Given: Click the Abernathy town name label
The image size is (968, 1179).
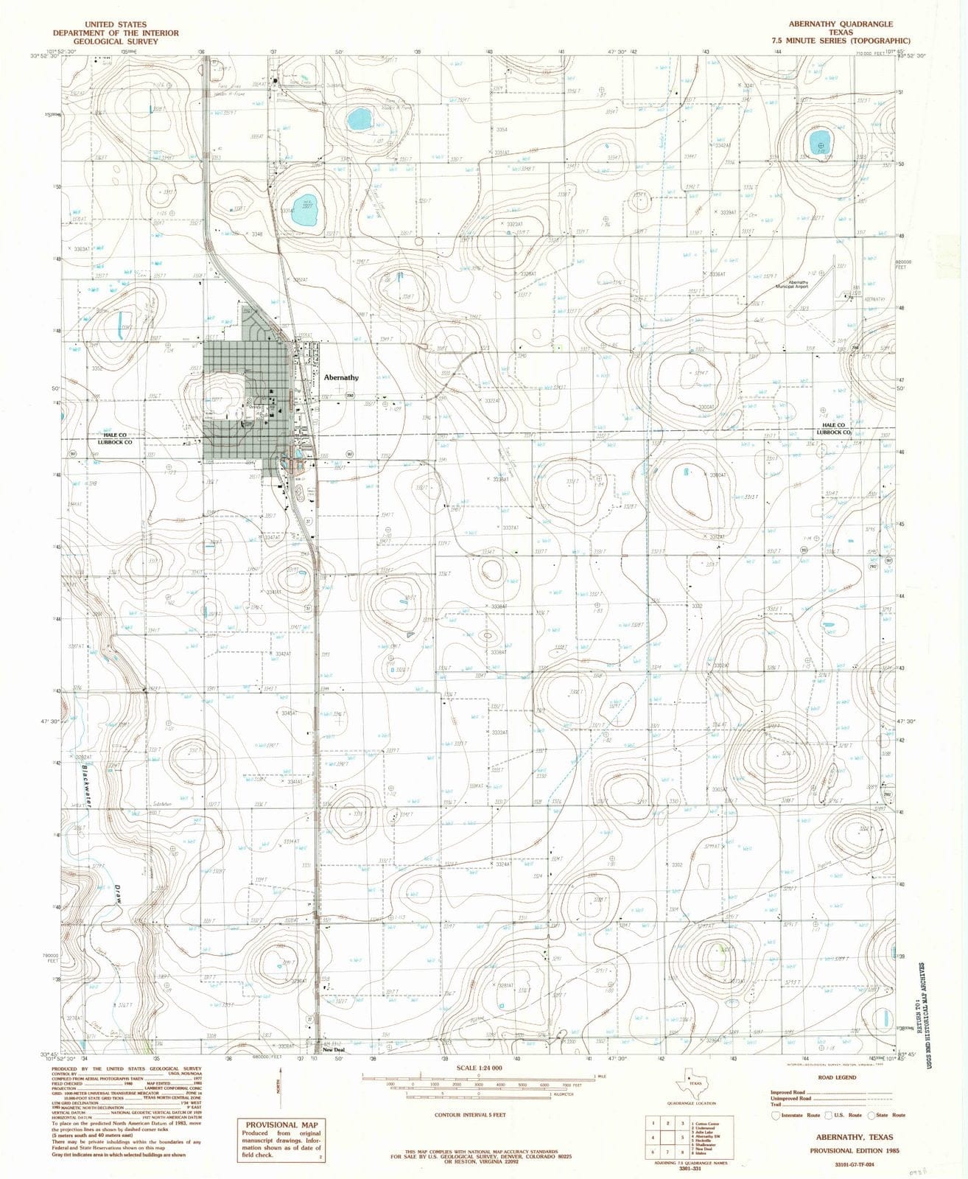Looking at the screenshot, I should (341, 377).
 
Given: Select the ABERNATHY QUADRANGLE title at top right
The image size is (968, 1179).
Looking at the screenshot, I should (833, 24).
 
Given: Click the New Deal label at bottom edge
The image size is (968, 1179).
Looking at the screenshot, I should (334, 1049).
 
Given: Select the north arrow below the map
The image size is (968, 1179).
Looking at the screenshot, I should (278, 1088).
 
